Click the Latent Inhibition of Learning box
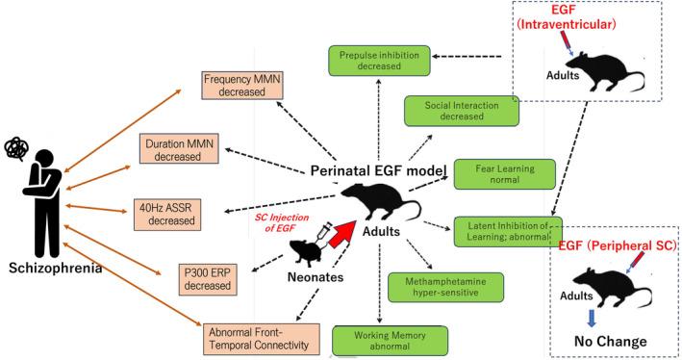point(506,231)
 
